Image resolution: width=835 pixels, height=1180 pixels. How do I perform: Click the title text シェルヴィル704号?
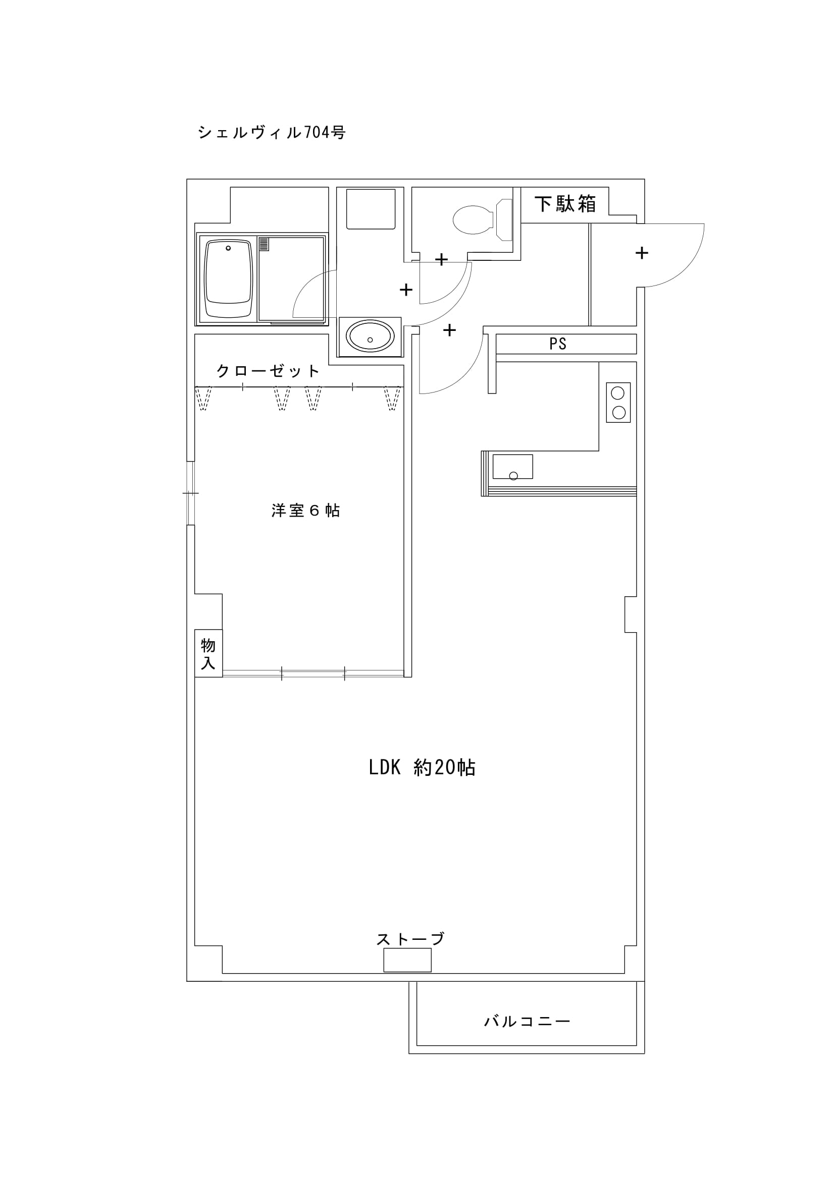pos(271,133)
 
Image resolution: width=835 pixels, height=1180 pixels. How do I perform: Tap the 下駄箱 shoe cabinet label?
pos(564,204)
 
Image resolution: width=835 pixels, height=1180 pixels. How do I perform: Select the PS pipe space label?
pos(558,344)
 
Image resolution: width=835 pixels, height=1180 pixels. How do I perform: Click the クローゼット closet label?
pos(268,371)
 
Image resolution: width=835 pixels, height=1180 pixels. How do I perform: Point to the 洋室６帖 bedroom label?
pos(305,511)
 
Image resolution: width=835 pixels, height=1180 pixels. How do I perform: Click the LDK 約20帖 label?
pos(422,767)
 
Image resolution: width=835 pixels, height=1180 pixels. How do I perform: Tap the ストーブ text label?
pos(410,939)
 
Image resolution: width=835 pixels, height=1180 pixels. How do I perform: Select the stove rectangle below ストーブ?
pos(407,960)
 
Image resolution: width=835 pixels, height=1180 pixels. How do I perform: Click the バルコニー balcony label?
pos(527,1021)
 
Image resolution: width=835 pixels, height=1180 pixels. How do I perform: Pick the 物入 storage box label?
pos(208,654)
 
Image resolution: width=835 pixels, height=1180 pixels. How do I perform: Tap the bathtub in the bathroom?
pos(228,279)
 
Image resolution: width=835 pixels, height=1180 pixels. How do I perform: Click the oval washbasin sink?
pos(370,336)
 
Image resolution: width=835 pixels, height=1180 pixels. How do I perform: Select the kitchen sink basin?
pos(512,466)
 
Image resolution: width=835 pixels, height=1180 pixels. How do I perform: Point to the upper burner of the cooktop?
pos(618,393)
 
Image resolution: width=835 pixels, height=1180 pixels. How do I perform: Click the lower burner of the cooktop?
pos(618,412)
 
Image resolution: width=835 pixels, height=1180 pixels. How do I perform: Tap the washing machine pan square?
pos(371,209)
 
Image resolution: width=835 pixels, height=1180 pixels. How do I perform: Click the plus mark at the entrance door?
pos(642,253)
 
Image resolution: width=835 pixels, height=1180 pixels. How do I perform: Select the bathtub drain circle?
pos(228,248)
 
